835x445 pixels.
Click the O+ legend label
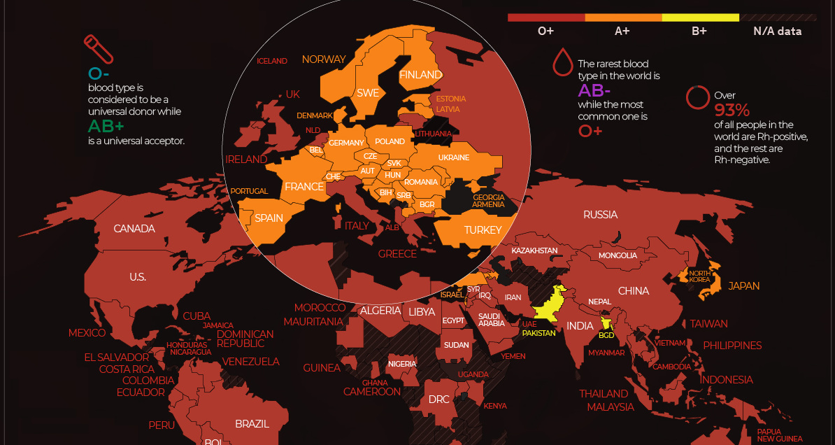pos(546,31)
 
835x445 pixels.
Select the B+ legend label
pos(699,31)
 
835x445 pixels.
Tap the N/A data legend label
pos(777,31)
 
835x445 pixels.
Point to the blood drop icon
pos(562,62)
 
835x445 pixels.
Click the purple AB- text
pos(594,90)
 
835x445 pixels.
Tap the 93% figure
pos(731,110)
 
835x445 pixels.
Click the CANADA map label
pos(134,229)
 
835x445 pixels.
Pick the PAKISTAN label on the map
pos(538,333)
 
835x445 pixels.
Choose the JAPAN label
pos(743,286)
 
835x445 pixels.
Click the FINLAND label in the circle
pos(420,75)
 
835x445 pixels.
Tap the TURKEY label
pos(483,230)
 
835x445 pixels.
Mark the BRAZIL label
pos(252,424)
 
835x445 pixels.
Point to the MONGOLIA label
pos(618,255)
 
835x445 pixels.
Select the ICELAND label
pos(272,61)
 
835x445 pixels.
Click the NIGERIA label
pos(402,364)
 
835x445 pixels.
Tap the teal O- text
pos(99,73)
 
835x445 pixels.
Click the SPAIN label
pos(269,218)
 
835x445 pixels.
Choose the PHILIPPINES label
pos(732,346)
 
